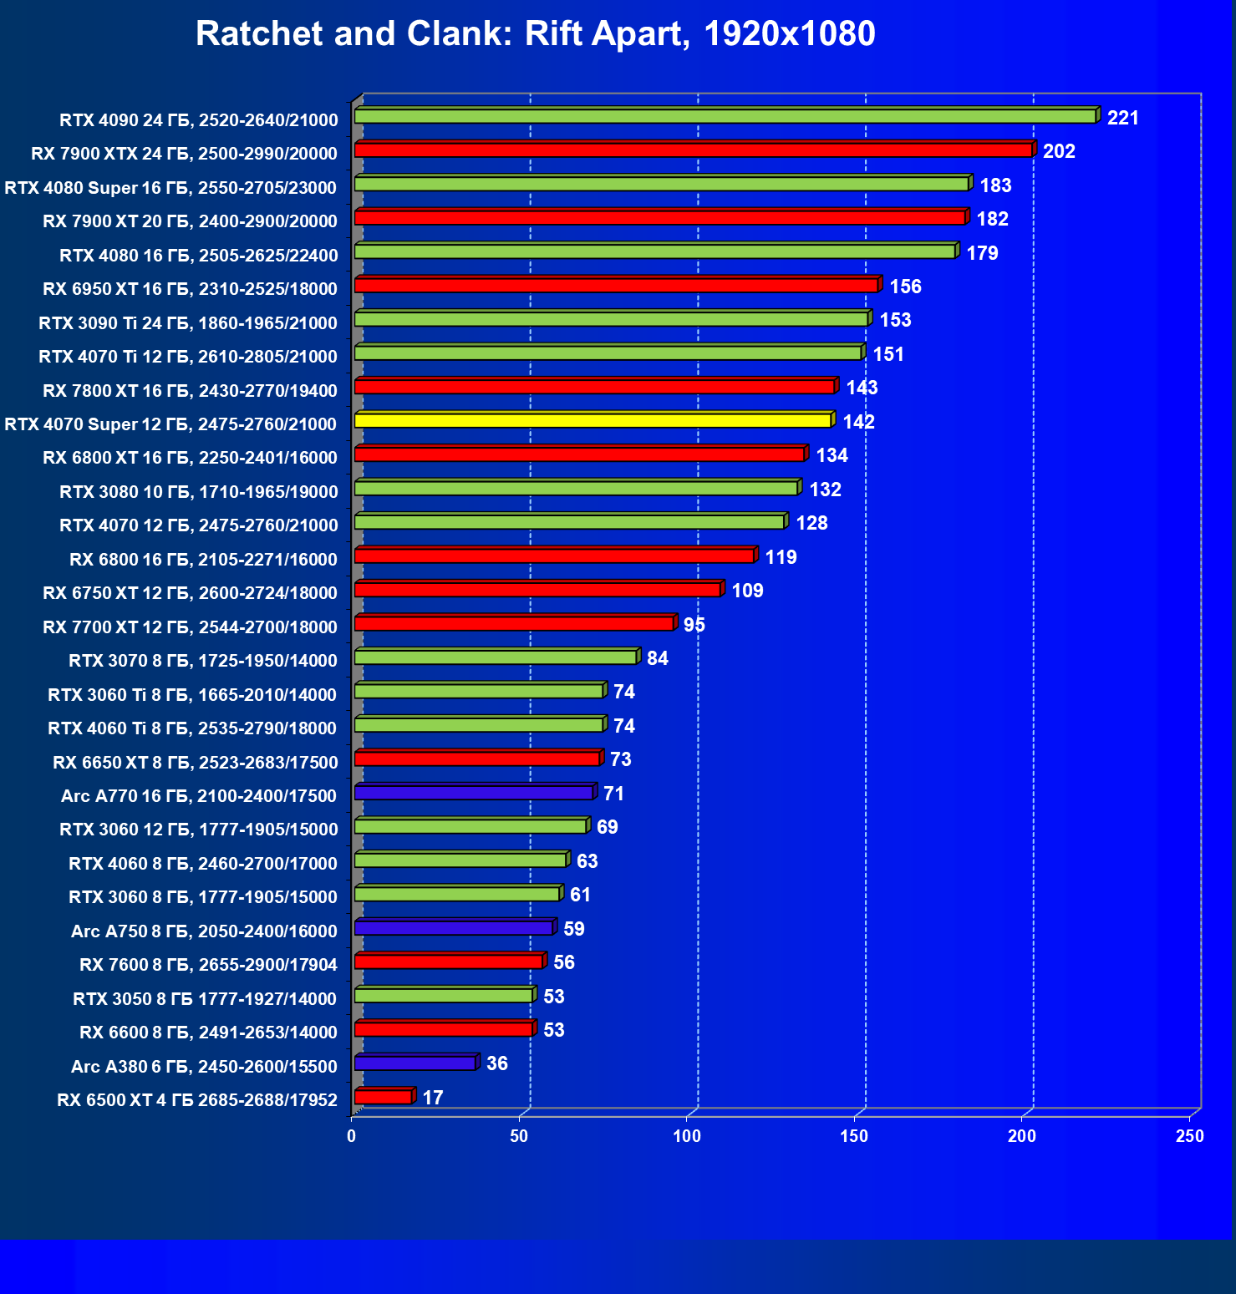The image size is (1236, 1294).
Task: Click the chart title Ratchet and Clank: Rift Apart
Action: (x=535, y=34)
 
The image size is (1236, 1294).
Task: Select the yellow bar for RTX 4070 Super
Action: (x=593, y=420)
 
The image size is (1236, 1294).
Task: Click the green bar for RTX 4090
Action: (x=725, y=116)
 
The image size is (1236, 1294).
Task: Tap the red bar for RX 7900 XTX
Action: (x=693, y=150)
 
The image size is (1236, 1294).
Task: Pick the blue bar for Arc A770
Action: (x=474, y=792)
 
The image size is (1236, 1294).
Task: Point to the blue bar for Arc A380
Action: (x=415, y=1063)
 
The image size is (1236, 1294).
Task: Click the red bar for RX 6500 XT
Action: (x=384, y=1097)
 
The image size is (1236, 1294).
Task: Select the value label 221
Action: (x=1122, y=118)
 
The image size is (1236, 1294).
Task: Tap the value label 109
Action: (x=747, y=591)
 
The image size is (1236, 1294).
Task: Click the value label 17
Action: (x=433, y=1097)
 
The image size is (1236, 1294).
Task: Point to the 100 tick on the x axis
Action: (x=687, y=1136)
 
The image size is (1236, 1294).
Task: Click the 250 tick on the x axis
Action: (x=1189, y=1136)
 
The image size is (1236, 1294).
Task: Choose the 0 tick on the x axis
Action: (x=352, y=1136)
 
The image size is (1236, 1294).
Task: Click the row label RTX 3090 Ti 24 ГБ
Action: (x=188, y=323)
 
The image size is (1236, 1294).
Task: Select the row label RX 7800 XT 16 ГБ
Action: (x=190, y=391)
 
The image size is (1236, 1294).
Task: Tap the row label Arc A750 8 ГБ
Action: (x=204, y=931)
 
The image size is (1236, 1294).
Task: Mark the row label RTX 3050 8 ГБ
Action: (x=205, y=999)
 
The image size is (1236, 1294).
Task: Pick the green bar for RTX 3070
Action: (x=496, y=657)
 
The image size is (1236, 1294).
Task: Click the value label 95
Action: (x=694, y=625)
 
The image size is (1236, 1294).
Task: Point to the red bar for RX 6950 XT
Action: (x=616, y=286)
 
